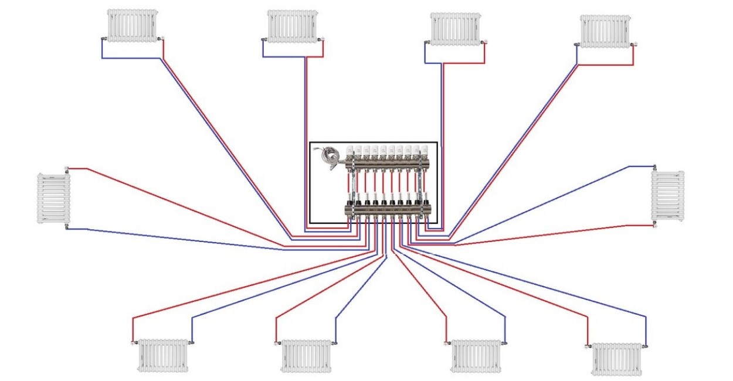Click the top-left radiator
[x=133, y=25]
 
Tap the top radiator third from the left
[x=454, y=29]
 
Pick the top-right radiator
[x=605, y=31]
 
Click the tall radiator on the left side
[x=54, y=198]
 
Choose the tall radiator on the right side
[x=668, y=196]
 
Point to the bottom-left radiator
[x=163, y=355]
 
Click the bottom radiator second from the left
[x=307, y=355]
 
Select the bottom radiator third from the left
[x=476, y=356]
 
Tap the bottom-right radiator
[x=616, y=359]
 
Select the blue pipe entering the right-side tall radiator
[x=639, y=166]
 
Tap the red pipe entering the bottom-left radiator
[x=133, y=328]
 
